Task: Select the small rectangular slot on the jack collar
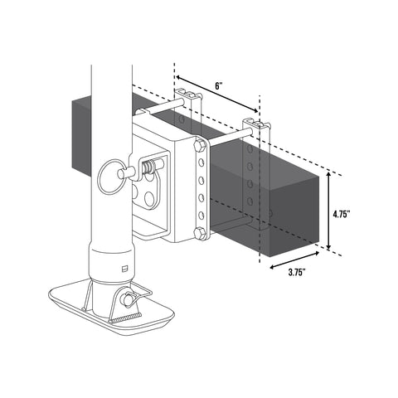(124, 268)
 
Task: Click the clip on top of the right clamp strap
(256, 124)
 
